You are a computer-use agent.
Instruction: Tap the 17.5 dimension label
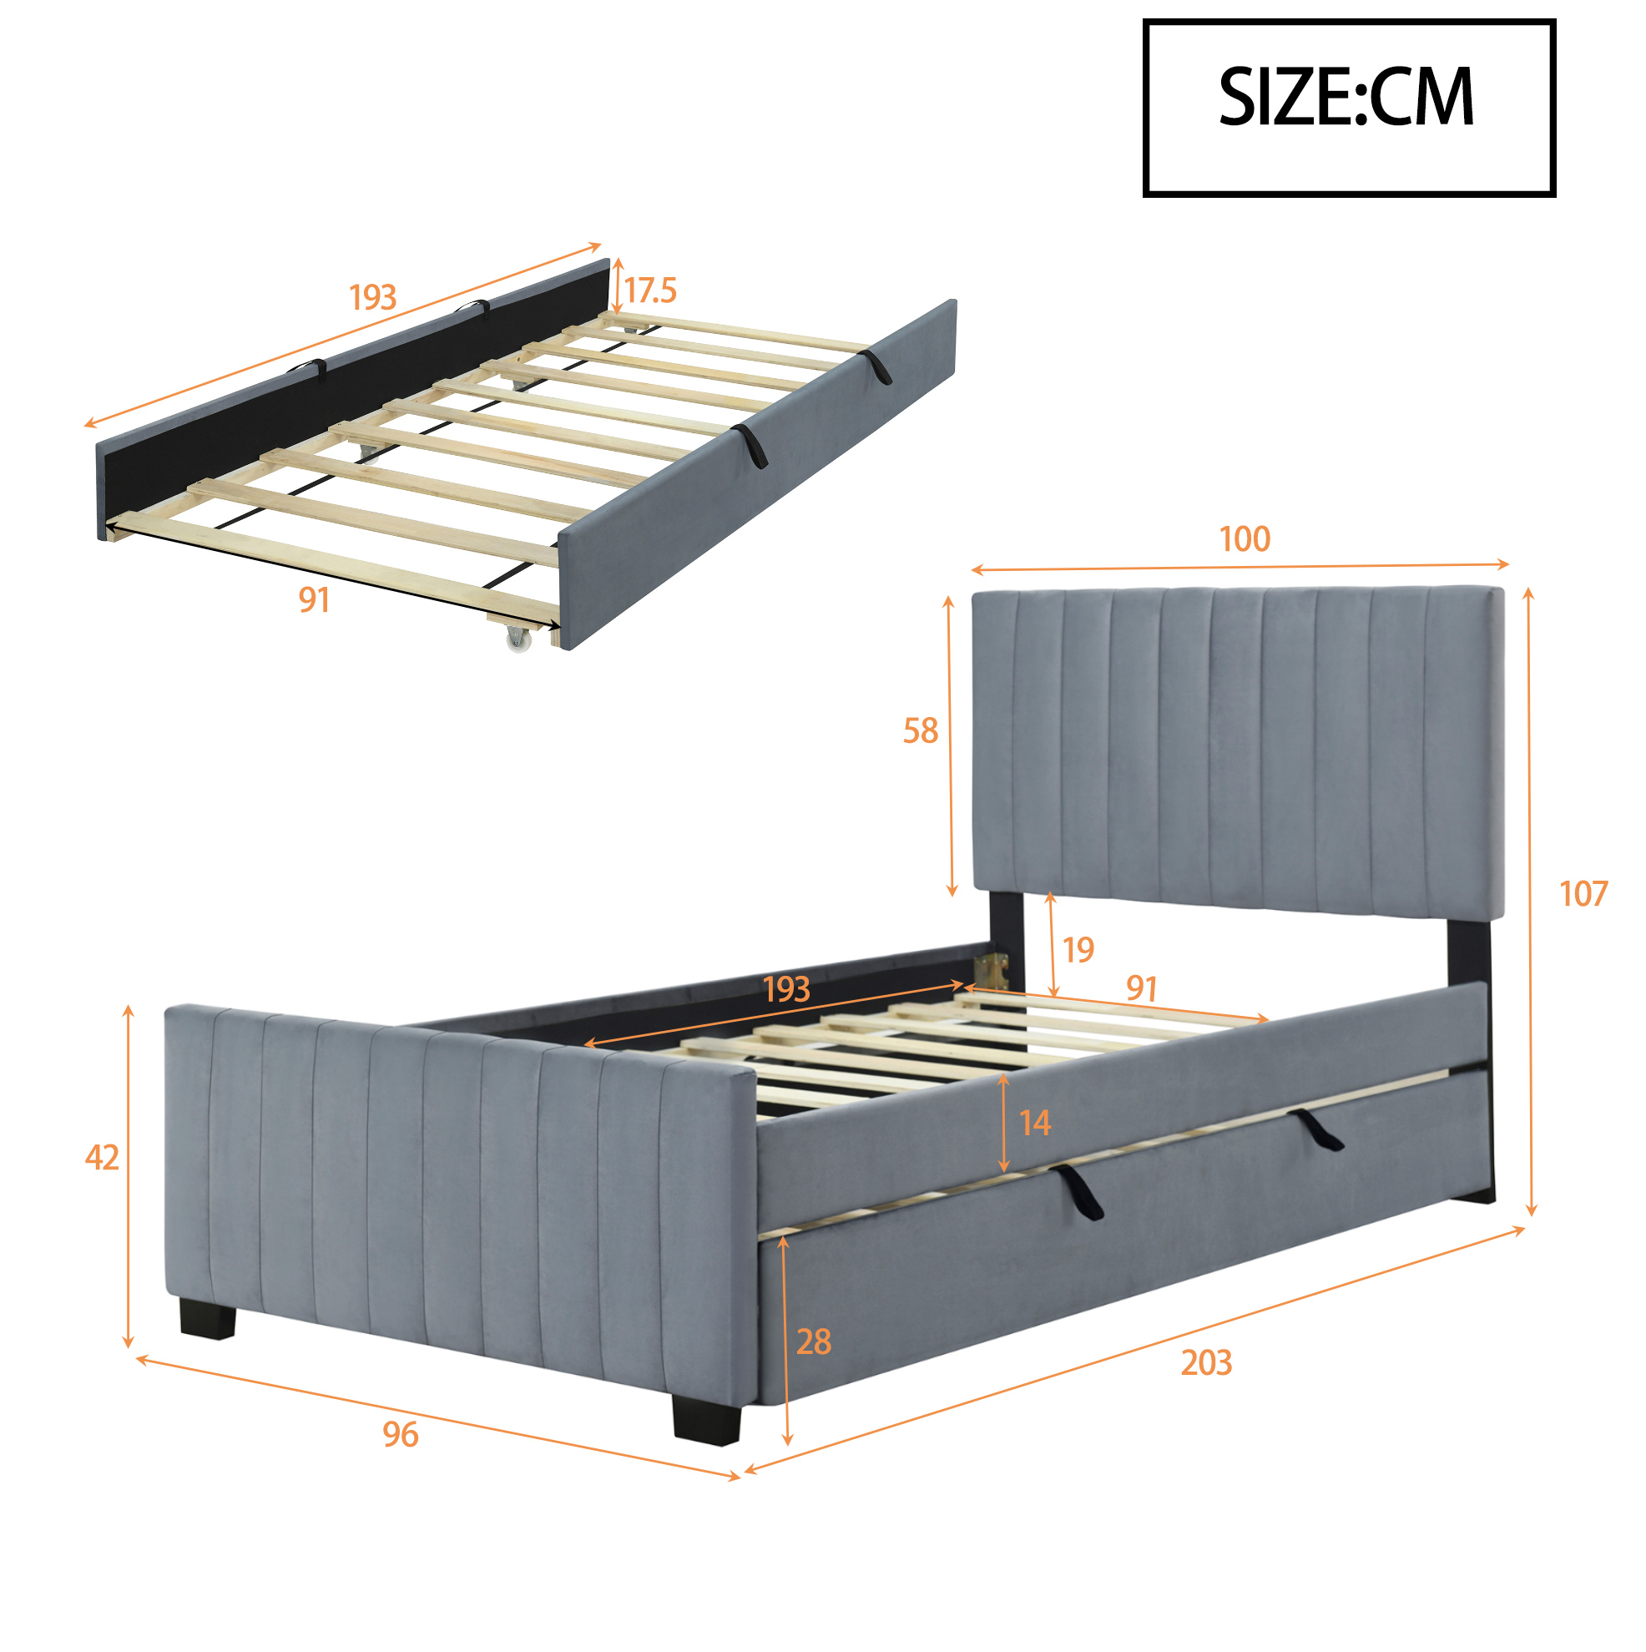[650, 290]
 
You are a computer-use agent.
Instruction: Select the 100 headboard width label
[1245, 539]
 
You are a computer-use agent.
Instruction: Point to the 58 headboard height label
[920, 731]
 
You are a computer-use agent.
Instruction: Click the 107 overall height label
[1583, 894]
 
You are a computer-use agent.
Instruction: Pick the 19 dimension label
[1078, 950]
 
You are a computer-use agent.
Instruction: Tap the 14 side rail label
[1035, 1124]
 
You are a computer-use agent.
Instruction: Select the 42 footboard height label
[102, 1158]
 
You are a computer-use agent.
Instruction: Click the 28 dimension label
[813, 1342]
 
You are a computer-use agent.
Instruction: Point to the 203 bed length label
[1205, 1363]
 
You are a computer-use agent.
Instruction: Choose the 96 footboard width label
[400, 1435]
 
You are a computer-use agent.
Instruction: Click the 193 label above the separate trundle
[373, 297]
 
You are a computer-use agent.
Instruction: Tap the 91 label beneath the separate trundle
[314, 600]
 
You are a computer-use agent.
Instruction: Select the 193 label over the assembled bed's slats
[785, 989]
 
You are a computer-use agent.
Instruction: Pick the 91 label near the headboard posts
[1142, 988]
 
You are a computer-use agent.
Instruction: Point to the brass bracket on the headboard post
[992, 971]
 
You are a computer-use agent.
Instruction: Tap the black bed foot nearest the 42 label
[208, 1320]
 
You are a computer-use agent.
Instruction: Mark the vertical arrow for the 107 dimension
[1531, 902]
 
